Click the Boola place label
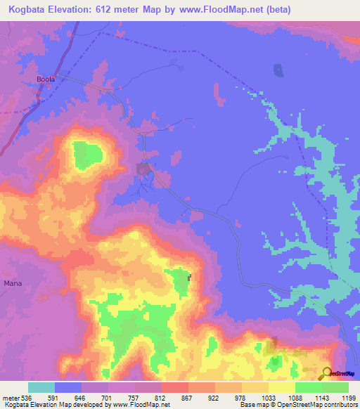[46, 80]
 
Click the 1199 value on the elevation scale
[349, 397]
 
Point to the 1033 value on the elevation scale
[269, 397]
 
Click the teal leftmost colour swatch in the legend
[41, 387]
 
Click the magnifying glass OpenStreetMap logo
[326, 373]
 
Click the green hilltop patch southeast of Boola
[87, 153]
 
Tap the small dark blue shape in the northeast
[278, 71]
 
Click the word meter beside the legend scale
[11, 397]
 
